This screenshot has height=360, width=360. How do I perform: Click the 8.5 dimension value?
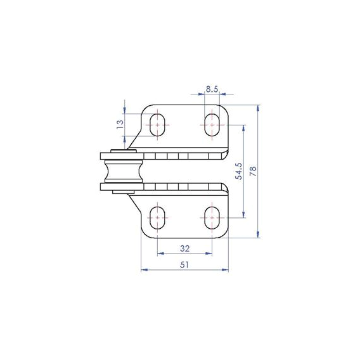pos(212,89)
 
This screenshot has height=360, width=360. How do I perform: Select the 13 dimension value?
pos(120,124)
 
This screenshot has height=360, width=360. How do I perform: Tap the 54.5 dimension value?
pos(238,171)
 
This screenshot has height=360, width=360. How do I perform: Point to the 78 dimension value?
pos(253,171)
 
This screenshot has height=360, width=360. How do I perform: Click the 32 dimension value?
pos(185,248)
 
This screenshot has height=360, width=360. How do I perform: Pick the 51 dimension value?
pos(184,265)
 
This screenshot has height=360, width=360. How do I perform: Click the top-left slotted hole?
pos(157,125)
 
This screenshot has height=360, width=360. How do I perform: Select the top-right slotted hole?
pos(212,125)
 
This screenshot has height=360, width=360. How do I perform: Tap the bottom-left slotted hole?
pos(157,217)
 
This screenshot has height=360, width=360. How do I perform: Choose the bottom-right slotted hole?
pos(212,217)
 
